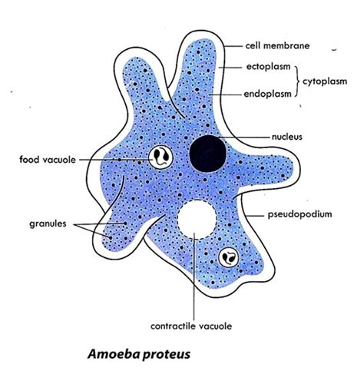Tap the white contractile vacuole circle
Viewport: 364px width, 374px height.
197,219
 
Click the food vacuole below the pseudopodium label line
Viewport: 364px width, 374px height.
228,257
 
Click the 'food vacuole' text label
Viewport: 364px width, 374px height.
46,160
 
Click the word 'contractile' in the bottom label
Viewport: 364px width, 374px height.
175,326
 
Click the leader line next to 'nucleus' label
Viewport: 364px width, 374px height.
246,137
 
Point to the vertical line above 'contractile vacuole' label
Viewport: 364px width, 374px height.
197,276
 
